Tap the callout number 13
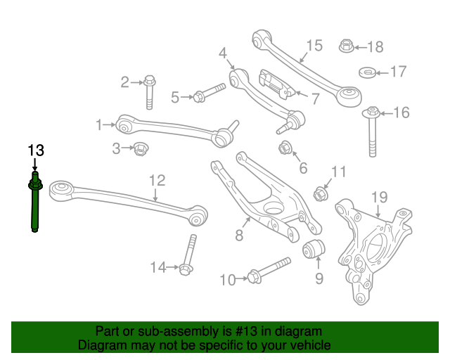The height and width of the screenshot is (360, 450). click(35, 150)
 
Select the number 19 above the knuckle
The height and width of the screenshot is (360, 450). click(379, 197)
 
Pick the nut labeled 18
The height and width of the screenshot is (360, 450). click(345, 46)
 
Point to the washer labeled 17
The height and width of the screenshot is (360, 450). click(367, 72)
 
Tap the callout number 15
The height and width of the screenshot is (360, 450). click(314, 46)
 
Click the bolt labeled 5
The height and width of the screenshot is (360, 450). click(207, 94)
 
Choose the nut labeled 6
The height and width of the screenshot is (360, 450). click(285, 148)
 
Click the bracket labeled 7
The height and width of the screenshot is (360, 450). click(276, 84)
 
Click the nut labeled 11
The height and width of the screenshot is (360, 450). click(319, 191)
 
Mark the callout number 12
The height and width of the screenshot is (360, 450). click(157, 181)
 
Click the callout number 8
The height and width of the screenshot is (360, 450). click(239, 236)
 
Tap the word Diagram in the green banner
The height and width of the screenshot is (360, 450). click(99, 345)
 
